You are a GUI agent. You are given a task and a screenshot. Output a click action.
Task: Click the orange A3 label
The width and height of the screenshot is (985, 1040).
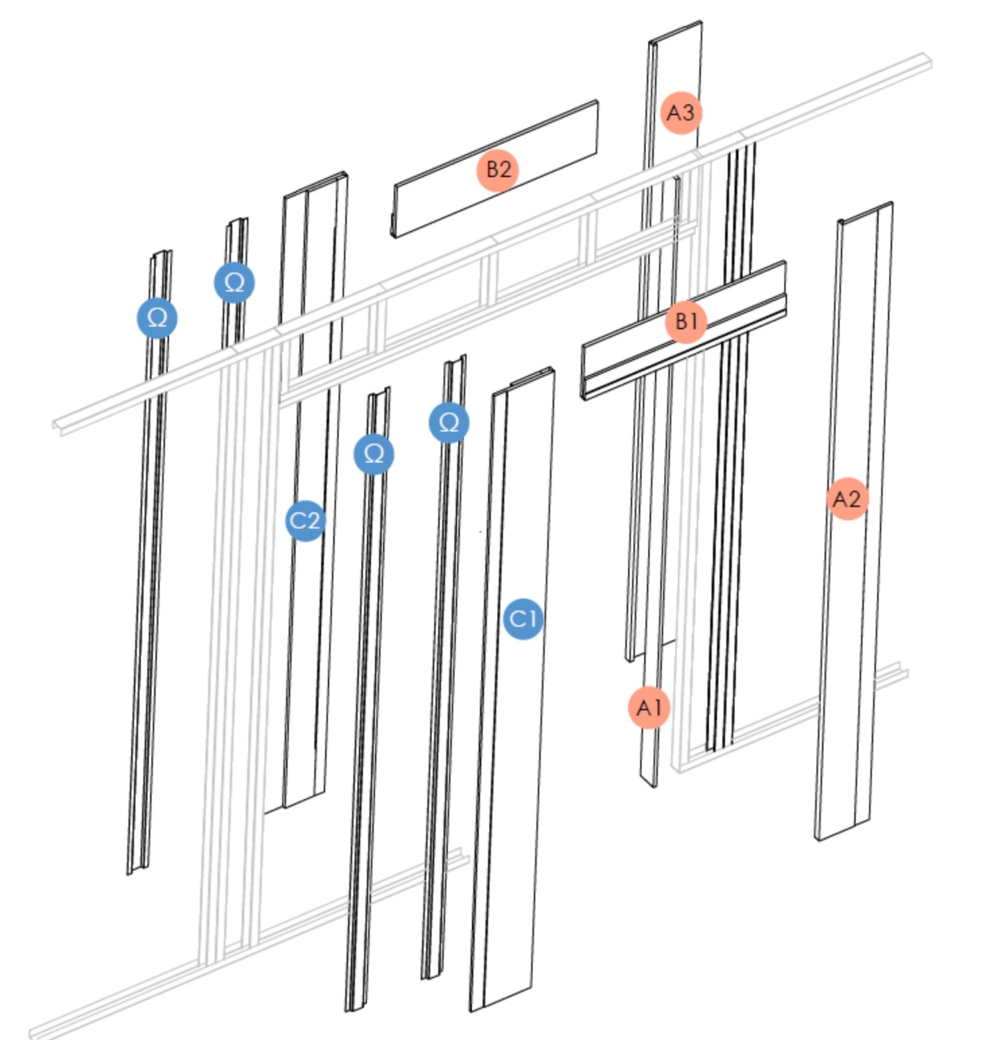(680, 112)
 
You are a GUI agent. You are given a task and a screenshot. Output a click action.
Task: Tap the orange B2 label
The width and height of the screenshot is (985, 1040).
(498, 170)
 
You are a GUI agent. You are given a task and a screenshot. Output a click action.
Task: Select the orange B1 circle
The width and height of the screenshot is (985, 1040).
(686, 322)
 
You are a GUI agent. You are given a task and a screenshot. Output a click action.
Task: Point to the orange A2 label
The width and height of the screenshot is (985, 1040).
(847, 499)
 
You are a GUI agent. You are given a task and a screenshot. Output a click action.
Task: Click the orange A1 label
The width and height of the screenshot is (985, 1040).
(649, 708)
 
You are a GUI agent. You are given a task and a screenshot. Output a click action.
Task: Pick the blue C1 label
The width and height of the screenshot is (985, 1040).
(523, 618)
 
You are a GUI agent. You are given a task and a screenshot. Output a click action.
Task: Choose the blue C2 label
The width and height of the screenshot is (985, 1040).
(305, 520)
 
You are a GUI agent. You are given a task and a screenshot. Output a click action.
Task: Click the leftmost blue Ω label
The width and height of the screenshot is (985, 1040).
(157, 318)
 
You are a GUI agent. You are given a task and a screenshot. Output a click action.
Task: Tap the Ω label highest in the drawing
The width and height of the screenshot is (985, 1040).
(234, 283)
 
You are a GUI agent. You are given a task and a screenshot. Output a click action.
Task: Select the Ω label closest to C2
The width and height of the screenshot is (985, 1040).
(374, 454)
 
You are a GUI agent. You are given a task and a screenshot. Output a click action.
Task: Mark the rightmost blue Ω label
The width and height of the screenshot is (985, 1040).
(448, 422)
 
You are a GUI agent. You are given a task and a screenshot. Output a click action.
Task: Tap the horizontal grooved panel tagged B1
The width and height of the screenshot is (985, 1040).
(624, 361)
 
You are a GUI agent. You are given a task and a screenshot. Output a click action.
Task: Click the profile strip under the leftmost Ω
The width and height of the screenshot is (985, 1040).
(142, 624)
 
